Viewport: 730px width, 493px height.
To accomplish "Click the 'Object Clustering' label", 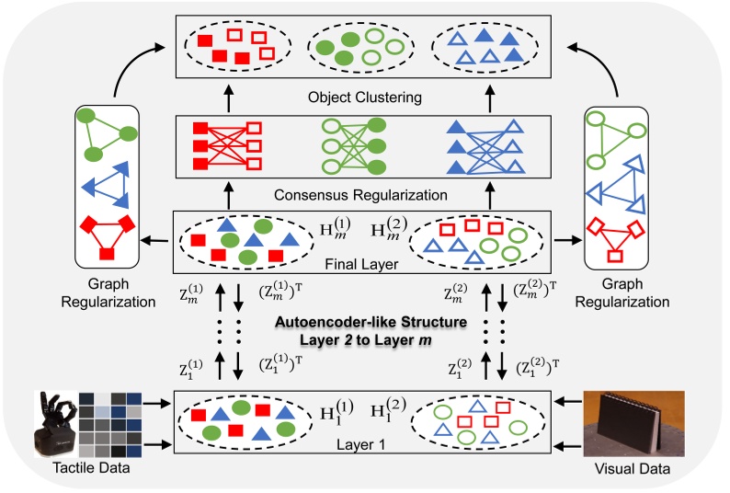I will pos(364,96).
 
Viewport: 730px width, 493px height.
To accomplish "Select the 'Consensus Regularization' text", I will pos(364,194).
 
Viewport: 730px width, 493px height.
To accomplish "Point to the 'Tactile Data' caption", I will pos(89,469).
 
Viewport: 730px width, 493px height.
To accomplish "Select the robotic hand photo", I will pos(57,422).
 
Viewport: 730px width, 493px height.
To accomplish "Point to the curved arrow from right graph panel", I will pos(599,67).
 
